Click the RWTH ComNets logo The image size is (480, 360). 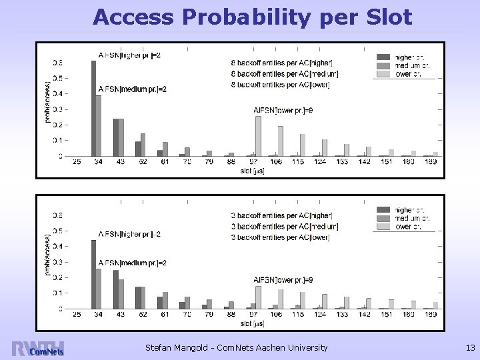[38, 348]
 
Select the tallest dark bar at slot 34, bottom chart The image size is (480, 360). [93, 274]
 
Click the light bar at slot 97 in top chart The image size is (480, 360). [258, 136]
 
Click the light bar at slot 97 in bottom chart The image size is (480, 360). [258, 297]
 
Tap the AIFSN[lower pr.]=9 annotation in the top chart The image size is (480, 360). [283, 111]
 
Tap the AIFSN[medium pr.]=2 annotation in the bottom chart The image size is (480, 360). [131, 263]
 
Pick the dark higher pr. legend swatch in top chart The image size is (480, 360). [383, 57]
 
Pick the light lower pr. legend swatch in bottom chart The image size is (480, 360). [383, 227]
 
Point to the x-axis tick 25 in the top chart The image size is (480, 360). [76, 162]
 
